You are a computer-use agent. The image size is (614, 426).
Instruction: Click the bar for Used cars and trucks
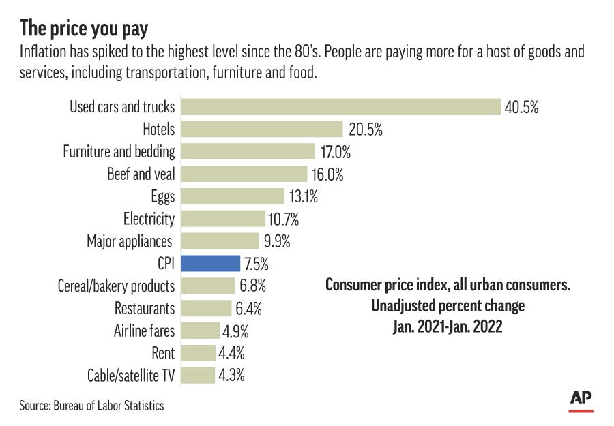(x=341, y=106)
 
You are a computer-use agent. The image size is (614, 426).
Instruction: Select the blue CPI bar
(x=211, y=263)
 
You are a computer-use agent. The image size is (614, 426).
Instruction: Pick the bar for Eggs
(x=233, y=196)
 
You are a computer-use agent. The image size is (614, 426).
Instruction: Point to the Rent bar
(x=199, y=352)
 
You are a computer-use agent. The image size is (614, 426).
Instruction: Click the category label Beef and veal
(x=141, y=174)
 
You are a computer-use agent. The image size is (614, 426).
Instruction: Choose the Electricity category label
(x=149, y=219)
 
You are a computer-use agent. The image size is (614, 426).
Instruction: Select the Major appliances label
(x=130, y=241)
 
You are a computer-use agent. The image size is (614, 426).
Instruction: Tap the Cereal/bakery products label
(x=117, y=286)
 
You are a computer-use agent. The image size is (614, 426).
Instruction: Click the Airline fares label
(x=144, y=331)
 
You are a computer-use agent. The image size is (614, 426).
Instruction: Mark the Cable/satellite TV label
(x=131, y=375)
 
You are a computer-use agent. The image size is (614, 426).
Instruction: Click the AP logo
(x=581, y=400)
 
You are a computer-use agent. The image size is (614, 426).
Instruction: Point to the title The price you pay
(x=84, y=29)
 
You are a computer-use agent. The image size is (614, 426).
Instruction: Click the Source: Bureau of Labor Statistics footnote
(x=91, y=406)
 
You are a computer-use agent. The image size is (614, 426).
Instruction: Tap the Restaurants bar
(x=206, y=308)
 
